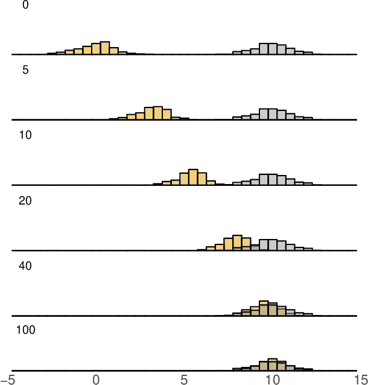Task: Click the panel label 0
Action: click(x=25, y=5)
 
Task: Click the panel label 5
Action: click(x=25, y=70)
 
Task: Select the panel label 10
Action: click(x=25, y=135)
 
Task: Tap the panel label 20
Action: click(x=25, y=200)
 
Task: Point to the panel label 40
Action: click(x=25, y=266)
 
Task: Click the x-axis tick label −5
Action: click(x=8, y=379)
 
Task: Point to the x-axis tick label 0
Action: click(x=96, y=379)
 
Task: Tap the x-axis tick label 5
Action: click(x=185, y=379)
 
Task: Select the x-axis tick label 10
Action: click(x=273, y=379)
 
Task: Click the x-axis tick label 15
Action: click(x=361, y=379)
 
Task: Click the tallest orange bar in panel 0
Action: click(x=105, y=48)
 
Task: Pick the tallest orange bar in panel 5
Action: click(x=158, y=113)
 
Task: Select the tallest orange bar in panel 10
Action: click(x=193, y=177)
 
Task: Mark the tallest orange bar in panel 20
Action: click(x=237, y=242)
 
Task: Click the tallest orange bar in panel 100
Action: click(x=273, y=364)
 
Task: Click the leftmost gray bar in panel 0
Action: click(x=237, y=53)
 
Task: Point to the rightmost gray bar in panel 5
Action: click(x=308, y=118)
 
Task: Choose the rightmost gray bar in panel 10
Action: click(x=308, y=183)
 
